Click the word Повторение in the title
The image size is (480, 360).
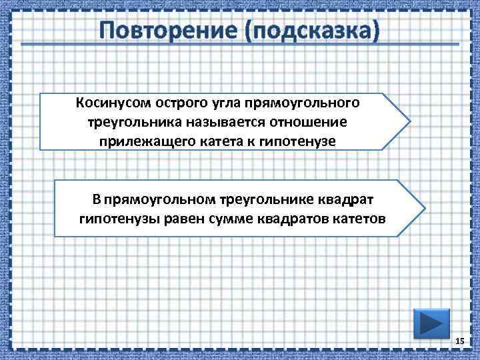(x=167, y=30)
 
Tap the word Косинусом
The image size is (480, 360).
(x=113, y=103)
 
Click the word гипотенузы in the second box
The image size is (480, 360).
(x=113, y=218)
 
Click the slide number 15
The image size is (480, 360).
(x=459, y=341)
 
